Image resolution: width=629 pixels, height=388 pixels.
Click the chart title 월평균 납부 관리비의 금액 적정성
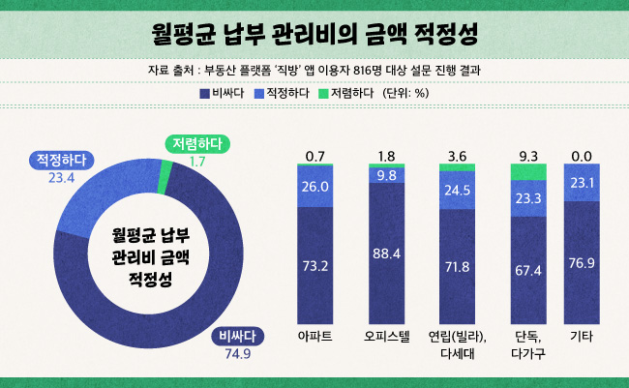click(314, 34)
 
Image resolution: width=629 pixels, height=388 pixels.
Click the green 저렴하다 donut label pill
click(196, 143)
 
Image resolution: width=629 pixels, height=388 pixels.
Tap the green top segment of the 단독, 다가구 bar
click(527, 172)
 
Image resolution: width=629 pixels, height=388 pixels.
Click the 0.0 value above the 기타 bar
click(583, 156)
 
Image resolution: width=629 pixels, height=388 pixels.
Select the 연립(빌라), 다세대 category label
click(457, 344)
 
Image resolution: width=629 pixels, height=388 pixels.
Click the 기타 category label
click(583, 336)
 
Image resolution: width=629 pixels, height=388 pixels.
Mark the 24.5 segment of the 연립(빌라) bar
click(457, 191)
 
